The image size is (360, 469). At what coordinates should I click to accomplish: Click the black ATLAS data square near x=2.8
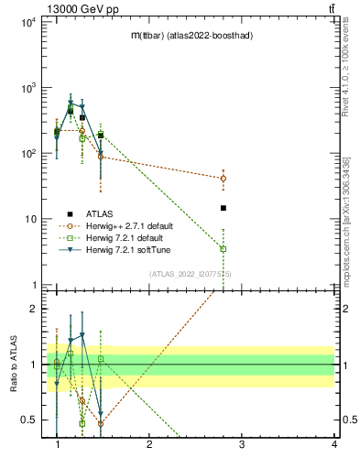224,208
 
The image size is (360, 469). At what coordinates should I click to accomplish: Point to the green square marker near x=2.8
224,248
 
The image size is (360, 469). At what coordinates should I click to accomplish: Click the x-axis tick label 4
334,444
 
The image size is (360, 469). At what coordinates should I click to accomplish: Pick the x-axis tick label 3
242,444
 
